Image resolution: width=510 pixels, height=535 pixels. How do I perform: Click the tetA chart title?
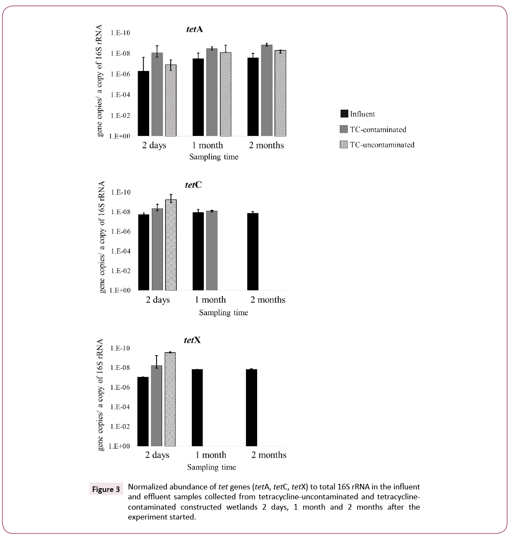[x=194, y=29]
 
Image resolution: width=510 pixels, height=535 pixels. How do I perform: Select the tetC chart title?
[x=193, y=185]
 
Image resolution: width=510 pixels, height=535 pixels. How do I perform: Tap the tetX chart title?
[x=192, y=340]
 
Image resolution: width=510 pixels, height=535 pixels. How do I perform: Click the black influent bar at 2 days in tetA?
[x=144, y=103]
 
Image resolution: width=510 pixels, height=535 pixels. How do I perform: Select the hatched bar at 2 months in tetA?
[x=280, y=93]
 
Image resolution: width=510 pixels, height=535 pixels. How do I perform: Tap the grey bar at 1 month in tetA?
[x=212, y=92]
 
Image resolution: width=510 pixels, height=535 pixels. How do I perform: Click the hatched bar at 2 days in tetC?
[x=171, y=245]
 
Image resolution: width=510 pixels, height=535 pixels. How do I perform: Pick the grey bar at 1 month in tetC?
[x=212, y=250]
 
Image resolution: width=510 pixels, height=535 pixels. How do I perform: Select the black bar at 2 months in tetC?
[x=253, y=252]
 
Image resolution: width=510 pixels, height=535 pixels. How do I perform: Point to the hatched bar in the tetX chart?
[x=170, y=399]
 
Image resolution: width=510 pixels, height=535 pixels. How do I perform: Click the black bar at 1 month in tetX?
[x=197, y=407]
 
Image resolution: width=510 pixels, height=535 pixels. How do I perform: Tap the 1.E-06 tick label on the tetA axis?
[x=120, y=74]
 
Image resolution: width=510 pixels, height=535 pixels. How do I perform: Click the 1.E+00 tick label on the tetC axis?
[x=120, y=290]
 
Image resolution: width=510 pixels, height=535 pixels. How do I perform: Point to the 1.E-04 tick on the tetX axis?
[x=120, y=407]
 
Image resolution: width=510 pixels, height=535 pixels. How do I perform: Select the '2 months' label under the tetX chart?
[x=269, y=455]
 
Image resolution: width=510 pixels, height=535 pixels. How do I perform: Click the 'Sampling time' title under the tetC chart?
[x=223, y=313]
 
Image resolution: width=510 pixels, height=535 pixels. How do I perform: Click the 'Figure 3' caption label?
[x=106, y=489]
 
